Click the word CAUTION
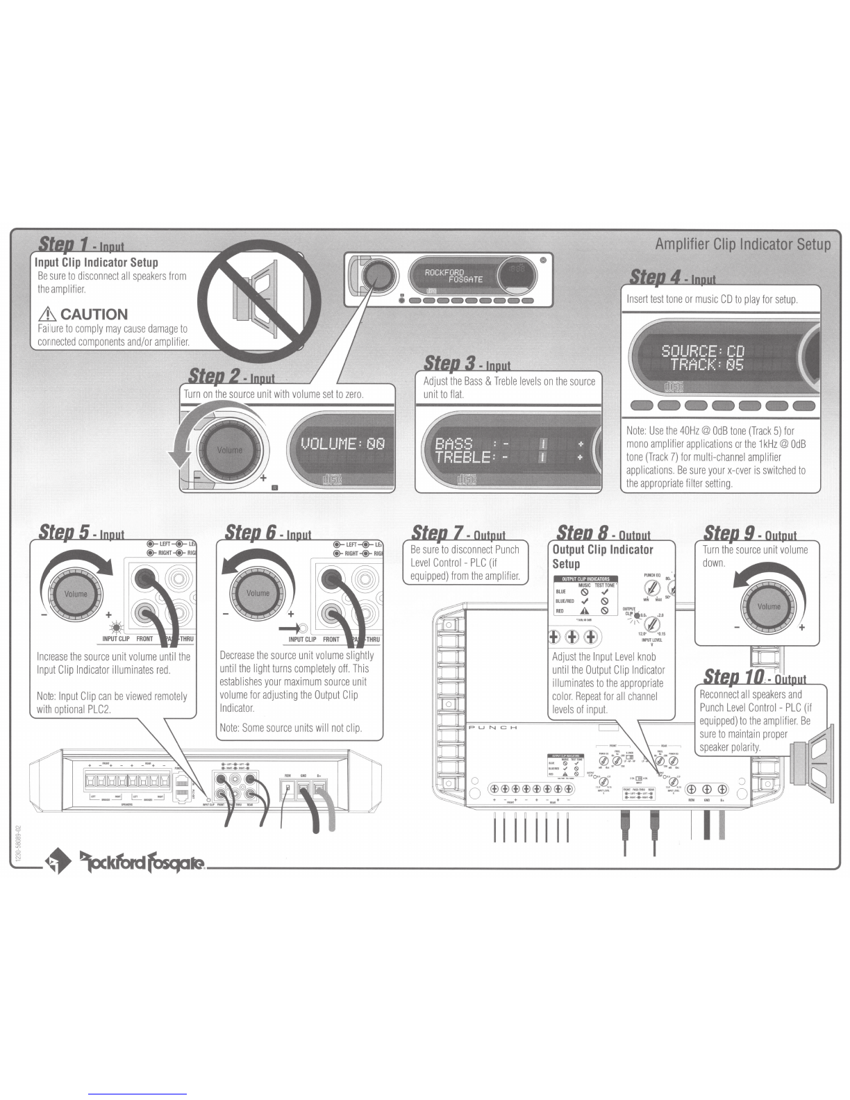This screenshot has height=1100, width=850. tap(94, 314)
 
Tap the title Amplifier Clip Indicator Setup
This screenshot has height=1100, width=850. tap(742, 244)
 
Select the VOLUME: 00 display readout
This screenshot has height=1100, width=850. tap(342, 444)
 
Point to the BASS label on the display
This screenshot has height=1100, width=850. tap(453, 443)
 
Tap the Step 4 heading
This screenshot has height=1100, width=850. tap(672, 277)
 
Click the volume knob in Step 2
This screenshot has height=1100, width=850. tap(230, 450)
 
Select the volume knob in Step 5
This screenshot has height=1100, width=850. tap(76, 593)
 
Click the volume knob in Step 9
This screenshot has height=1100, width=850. tap(769, 606)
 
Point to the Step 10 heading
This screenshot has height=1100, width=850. tap(754, 676)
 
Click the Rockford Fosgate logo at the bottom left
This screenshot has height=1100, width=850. tap(125, 862)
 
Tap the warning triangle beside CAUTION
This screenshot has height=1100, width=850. tap(49, 315)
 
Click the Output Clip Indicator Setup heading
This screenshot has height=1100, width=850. tap(602, 556)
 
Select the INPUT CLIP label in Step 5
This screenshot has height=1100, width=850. tap(116, 639)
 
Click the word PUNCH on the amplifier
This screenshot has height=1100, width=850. tap(492, 727)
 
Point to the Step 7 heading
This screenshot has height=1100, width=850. tap(458, 533)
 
